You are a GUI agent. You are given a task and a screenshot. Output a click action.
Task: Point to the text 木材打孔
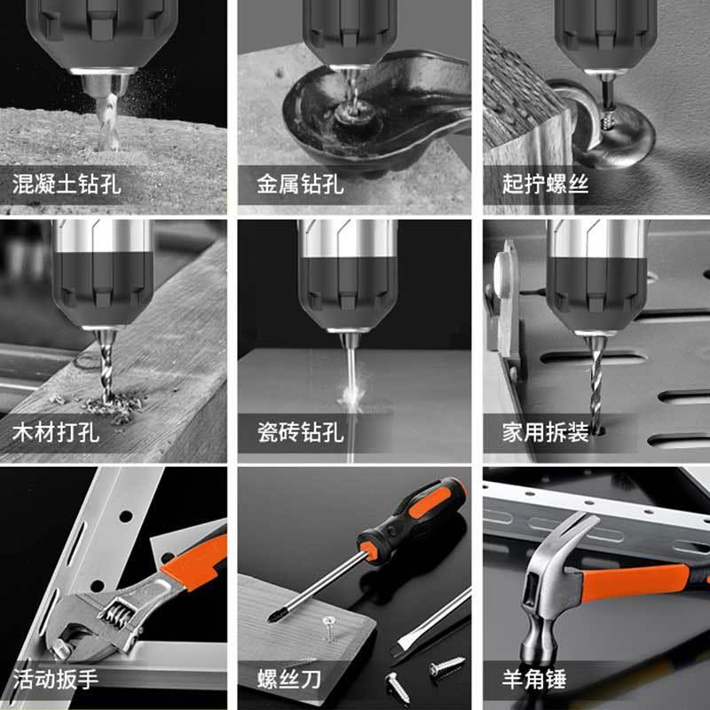pyautogui.click(x=56, y=433)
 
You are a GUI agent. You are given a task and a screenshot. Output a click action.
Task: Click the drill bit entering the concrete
pyautogui.click(x=106, y=124)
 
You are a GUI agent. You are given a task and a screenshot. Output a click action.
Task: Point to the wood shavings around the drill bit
pyautogui.click(x=111, y=408)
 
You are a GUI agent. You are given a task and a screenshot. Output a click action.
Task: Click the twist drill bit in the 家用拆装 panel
pyautogui.click(x=593, y=382)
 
